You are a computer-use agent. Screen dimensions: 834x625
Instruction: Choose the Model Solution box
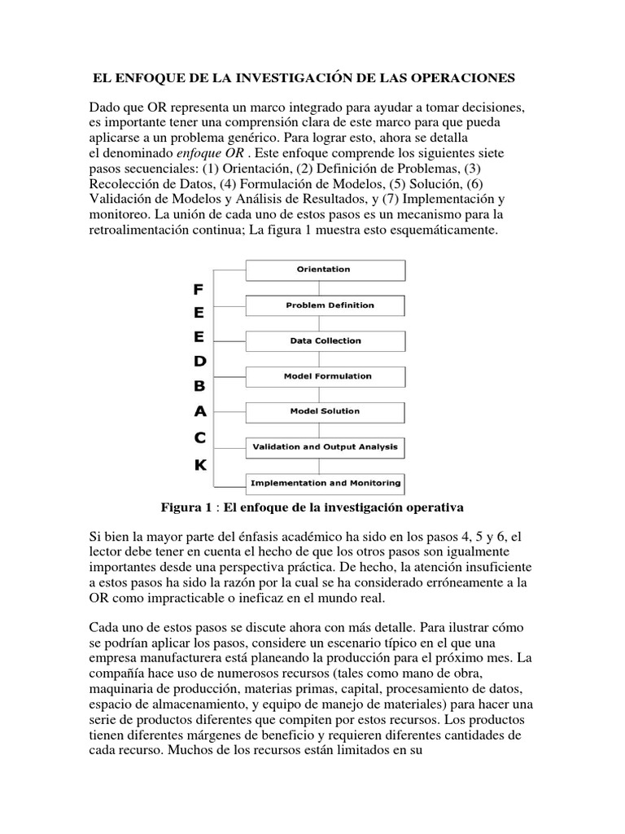point(325,412)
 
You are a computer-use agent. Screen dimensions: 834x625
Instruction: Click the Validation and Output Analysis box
point(325,447)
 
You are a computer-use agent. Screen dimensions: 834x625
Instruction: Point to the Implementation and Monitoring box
point(325,483)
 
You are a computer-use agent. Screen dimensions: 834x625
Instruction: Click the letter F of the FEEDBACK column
point(199,289)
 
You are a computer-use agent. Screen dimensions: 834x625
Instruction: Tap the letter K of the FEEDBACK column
point(199,465)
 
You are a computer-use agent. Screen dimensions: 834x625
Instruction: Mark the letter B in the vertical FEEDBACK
point(199,387)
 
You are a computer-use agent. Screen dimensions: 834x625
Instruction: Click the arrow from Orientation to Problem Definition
point(324,288)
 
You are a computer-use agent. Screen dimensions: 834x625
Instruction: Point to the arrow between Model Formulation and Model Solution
point(324,394)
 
